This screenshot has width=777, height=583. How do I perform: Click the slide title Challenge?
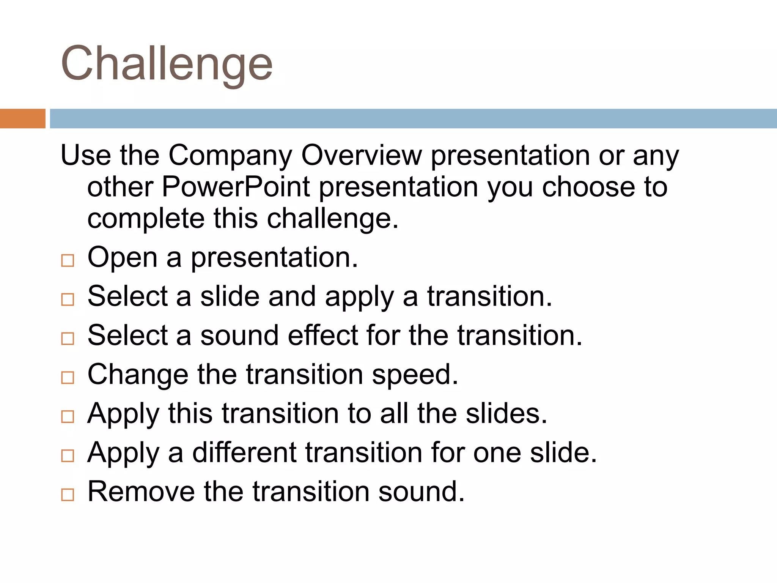click(167, 64)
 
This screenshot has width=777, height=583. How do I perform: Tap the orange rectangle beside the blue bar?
click(22, 118)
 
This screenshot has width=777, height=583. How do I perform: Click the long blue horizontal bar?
click(413, 118)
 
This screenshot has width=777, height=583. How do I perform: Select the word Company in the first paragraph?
click(230, 156)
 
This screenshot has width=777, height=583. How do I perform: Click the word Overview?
click(361, 156)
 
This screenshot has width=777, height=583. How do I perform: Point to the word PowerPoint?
click(236, 187)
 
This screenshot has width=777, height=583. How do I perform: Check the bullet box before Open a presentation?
click(68, 260)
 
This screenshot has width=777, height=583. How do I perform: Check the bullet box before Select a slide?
click(68, 299)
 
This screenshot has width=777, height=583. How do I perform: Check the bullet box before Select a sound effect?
click(68, 339)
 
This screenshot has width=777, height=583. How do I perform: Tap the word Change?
click(137, 375)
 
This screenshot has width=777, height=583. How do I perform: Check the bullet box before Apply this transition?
click(68, 417)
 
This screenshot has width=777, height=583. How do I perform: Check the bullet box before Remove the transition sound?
click(68, 495)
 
